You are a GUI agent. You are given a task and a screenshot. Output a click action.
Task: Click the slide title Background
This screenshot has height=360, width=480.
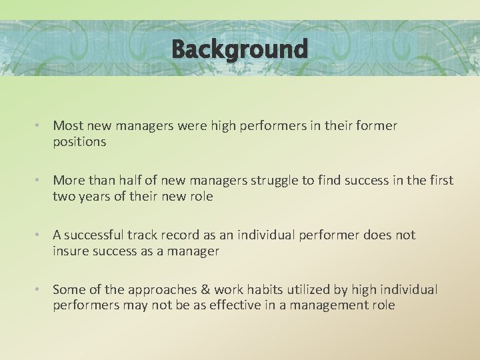click(239, 49)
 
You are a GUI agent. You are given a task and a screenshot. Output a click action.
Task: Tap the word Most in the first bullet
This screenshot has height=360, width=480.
click(65, 125)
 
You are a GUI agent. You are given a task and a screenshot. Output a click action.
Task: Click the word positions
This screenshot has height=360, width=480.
click(79, 141)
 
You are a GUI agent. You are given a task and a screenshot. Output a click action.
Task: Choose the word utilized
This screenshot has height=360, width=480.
click(304, 289)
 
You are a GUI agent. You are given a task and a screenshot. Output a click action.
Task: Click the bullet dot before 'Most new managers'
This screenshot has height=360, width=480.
click(40, 126)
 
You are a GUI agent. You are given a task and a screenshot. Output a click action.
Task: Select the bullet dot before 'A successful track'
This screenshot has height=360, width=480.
click(40, 235)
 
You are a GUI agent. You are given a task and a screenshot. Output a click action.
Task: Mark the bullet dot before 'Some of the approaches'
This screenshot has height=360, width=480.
click(40, 290)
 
